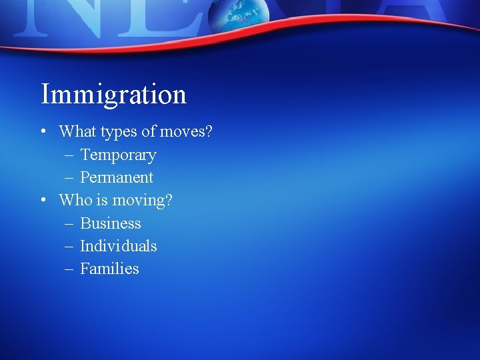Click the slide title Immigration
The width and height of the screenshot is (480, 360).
coord(113,94)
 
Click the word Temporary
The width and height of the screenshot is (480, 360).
coord(118,155)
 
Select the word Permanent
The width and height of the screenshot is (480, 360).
coord(117,178)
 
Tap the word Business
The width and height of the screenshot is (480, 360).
coord(111,223)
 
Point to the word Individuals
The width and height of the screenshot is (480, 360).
coord(119,246)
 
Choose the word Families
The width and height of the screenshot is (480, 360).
coord(109,269)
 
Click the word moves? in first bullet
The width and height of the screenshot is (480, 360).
coord(186,132)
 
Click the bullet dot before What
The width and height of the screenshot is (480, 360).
coord(43,132)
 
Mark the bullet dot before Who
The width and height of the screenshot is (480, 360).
coord(43,200)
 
